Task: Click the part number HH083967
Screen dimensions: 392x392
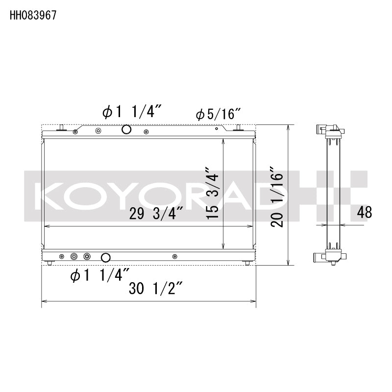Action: tap(33, 15)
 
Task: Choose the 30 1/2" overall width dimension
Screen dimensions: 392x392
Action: tap(155, 289)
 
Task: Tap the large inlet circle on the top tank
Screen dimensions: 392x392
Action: tap(126, 130)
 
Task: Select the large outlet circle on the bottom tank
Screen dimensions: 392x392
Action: tap(105, 257)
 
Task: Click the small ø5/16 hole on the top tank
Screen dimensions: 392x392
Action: tap(217, 130)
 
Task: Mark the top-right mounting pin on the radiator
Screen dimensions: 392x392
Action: tap(239, 128)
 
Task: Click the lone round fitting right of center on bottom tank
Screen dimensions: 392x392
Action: tap(175, 256)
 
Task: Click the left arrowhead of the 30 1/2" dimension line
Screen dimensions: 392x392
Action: tap(44, 300)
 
